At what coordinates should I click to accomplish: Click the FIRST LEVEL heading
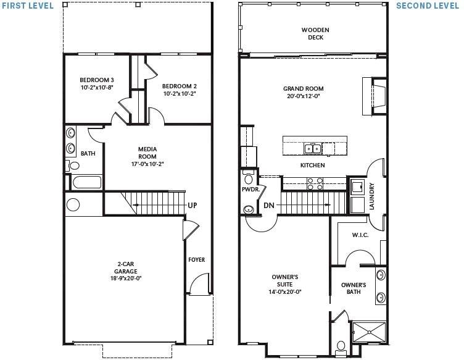pyautogui.click(x=27, y=6)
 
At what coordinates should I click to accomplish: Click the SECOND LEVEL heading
pyautogui.click(x=427, y=6)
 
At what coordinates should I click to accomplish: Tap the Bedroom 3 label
pyautogui.click(x=96, y=83)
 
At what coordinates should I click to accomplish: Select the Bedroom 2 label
pyautogui.click(x=180, y=90)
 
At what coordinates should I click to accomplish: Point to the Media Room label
pyautogui.click(x=147, y=156)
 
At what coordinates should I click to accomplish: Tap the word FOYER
pyautogui.click(x=196, y=260)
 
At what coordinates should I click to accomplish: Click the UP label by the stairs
pyautogui.click(x=192, y=206)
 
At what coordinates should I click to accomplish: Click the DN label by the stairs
pyautogui.click(x=268, y=205)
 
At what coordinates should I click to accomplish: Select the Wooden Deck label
pyautogui.click(x=315, y=33)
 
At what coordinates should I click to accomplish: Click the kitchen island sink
pyautogui.click(x=312, y=148)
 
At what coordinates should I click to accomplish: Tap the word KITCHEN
pyautogui.click(x=312, y=165)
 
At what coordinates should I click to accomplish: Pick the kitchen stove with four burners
pyautogui.click(x=315, y=183)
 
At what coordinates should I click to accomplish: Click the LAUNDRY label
pyautogui.click(x=371, y=196)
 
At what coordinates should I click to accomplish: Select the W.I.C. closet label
pyautogui.click(x=360, y=235)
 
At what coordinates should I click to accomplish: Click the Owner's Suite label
pyautogui.click(x=284, y=284)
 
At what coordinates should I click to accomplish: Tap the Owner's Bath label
pyautogui.click(x=354, y=288)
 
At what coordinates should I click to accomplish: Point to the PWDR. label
pyautogui.click(x=249, y=190)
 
